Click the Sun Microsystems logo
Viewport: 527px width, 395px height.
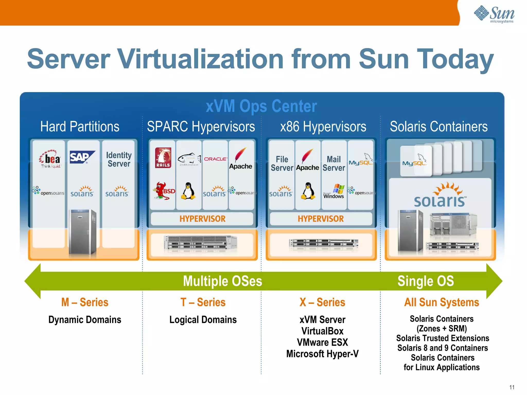(494, 14)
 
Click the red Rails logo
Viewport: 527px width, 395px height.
(163, 158)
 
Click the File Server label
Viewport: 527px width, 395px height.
(282, 164)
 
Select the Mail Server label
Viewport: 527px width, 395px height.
(334, 164)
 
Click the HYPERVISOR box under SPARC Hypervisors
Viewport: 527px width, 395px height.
(202, 219)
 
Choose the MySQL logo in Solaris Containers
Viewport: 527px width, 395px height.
(415, 161)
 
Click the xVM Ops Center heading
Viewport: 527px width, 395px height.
(261, 106)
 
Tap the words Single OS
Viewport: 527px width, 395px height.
(426, 281)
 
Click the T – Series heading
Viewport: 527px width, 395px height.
(203, 302)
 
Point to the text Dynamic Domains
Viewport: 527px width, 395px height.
(85, 320)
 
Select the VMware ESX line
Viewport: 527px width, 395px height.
(322, 342)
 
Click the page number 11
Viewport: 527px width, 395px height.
(512, 387)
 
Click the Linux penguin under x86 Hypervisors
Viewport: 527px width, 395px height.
(308, 191)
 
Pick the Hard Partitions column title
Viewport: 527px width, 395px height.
(80, 127)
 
